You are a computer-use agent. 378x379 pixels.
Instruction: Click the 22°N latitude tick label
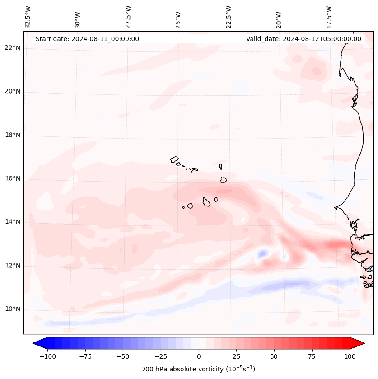(x=13, y=48)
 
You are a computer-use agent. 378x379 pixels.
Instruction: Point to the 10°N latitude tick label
(x=13, y=309)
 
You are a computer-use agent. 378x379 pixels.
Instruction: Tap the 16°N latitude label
(x=13, y=178)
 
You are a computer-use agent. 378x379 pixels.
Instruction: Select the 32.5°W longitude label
(x=28, y=17)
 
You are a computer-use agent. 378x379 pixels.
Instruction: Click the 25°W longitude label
(x=178, y=18)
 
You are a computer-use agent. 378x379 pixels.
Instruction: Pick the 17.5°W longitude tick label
(x=329, y=17)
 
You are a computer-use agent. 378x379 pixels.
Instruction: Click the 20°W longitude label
(x=279, y=18)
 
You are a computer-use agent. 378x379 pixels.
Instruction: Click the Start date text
(x=87, y=39)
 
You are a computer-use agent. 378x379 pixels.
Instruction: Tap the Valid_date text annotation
(x=303, y=39)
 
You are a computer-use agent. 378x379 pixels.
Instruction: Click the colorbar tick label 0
(x=199, y=356)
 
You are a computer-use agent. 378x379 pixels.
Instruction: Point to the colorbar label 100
(x=350, y=356)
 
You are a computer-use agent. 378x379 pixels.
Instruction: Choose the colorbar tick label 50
(x=274, y=356)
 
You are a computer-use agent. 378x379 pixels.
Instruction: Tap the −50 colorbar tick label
(x=123, y=356)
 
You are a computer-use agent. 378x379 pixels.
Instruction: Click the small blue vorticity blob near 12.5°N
(x=262, y=254)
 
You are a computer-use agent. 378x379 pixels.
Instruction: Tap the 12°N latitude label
(x=13, y=266)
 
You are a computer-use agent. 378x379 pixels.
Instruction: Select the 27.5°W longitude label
(x=128, y=17)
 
